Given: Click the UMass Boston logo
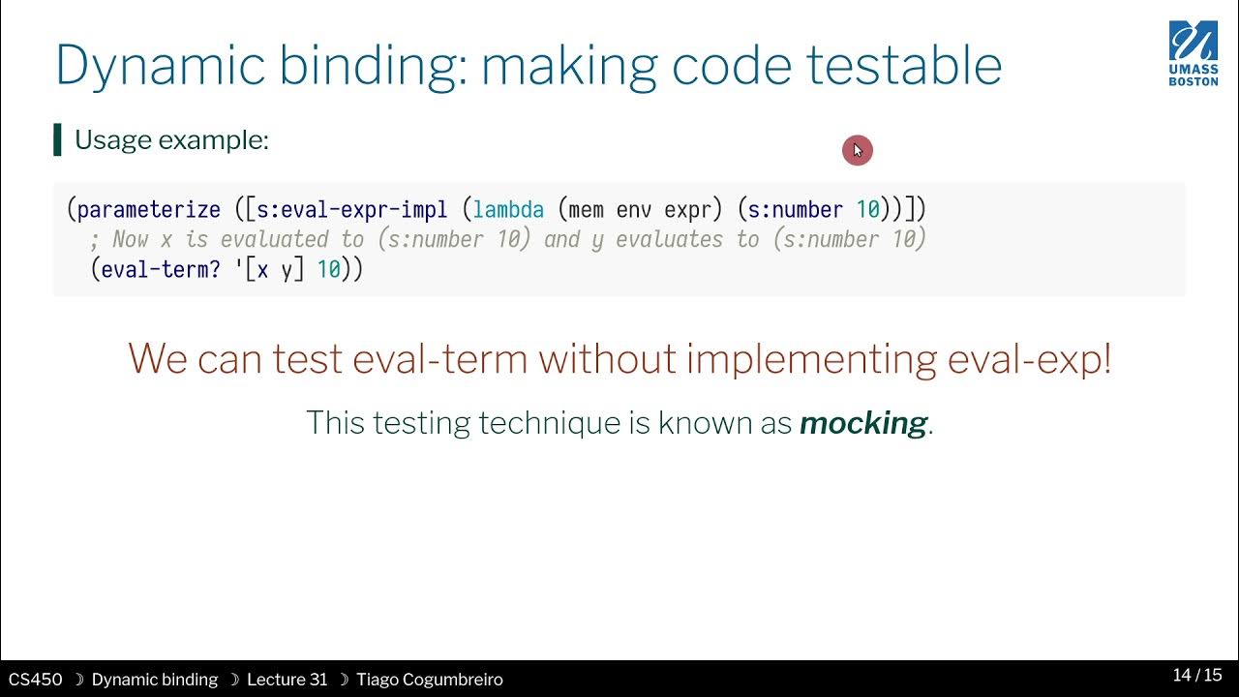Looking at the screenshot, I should coord(1194,53).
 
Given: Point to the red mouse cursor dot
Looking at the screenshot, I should coord(857,150).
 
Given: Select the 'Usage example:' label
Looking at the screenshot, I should coord(171,140).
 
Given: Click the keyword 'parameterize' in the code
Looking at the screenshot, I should coord(148,209).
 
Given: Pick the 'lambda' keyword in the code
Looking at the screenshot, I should coord(508,209).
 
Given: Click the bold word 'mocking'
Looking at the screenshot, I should coord(862,423).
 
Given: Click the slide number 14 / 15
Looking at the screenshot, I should coord(1197,675).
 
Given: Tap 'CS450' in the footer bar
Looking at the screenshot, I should coord(35,680).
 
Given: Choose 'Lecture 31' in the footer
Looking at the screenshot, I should coord(287,680).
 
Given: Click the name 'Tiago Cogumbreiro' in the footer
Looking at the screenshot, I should coord(429,680).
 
